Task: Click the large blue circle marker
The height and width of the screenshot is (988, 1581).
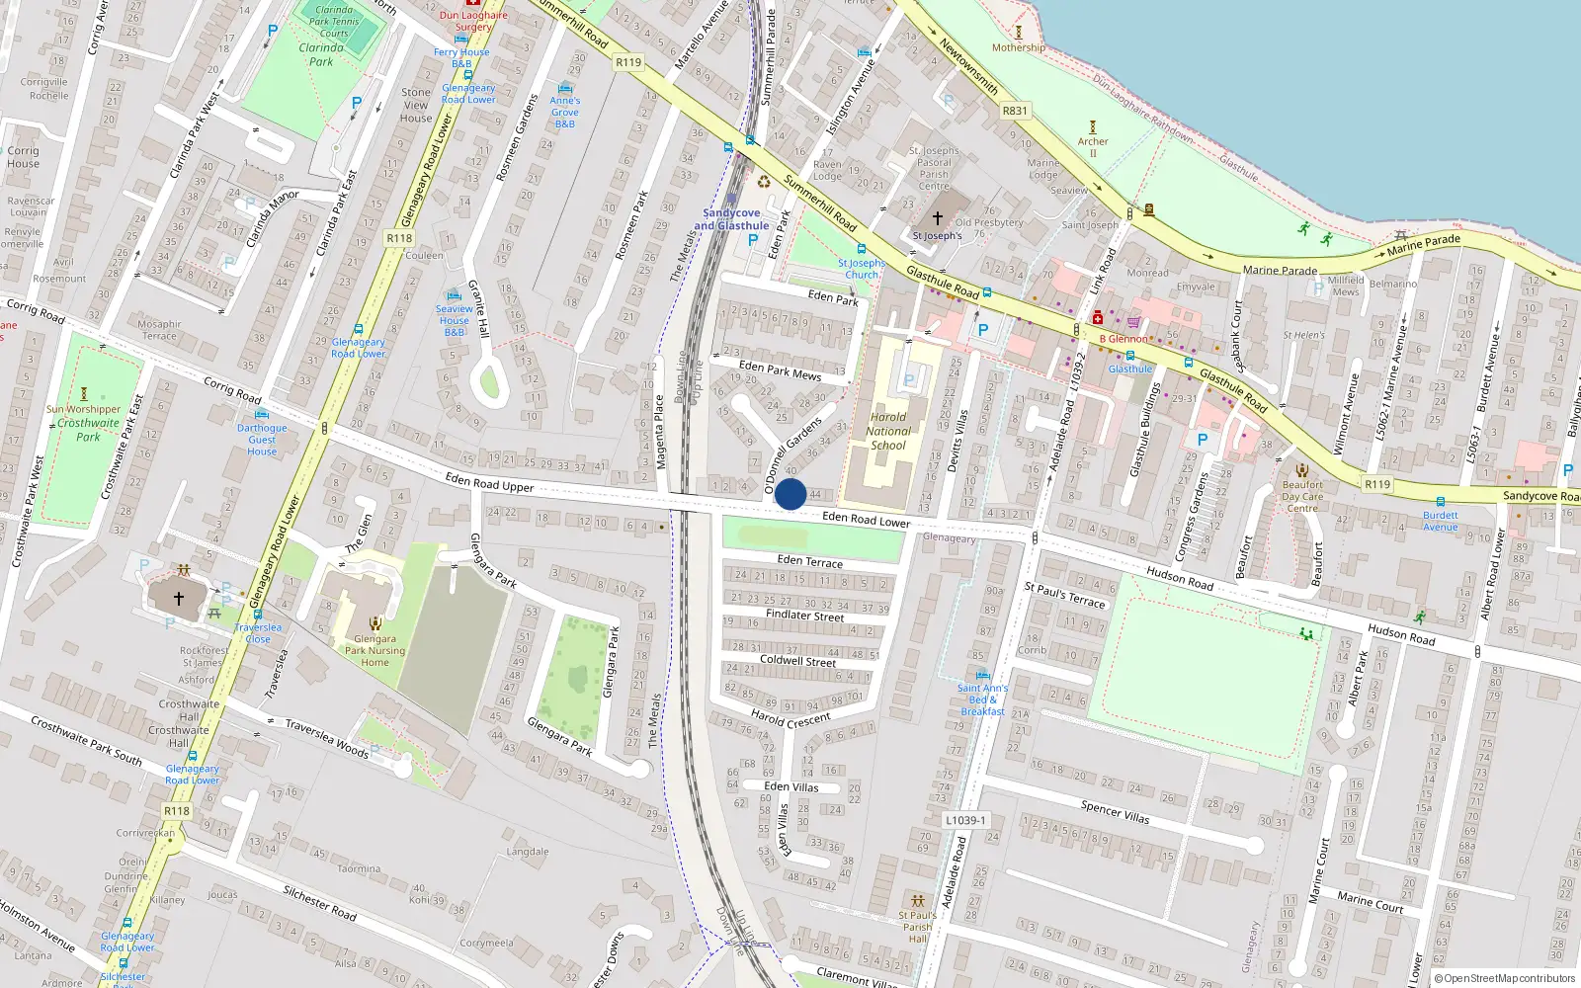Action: pyautogui.click(x=790, y=494)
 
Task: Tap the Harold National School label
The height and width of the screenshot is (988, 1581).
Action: pyautogui.click(x=888, y=431)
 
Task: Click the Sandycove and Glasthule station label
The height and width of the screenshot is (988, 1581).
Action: pyautogui.click(x=731, y=219)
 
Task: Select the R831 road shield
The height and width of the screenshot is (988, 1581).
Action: pyautogui.click(x=1015, y=111)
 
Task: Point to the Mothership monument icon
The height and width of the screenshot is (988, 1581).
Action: pyautogui.click(x=1018, y=33)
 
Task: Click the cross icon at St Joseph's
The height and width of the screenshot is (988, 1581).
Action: pyautogui.click(x=937, y=218)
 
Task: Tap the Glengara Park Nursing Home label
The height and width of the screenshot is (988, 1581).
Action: pyautogui.click(x=374, y=650)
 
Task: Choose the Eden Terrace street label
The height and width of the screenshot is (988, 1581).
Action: pyautogui.click(x=810, y=561)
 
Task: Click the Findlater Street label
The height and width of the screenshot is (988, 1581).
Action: pyautogui.click(x=804, y=616)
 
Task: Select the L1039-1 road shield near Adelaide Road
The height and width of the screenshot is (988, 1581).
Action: pyautogui.click(x=964, y=820)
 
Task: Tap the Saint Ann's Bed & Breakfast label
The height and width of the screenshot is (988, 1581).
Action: pyautogui.click(x=982, y=700)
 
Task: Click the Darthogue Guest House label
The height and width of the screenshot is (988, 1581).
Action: pyautogui.click(x=262, y=440)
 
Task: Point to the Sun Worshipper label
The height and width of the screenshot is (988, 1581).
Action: pyautogui.click(x=83, y=409)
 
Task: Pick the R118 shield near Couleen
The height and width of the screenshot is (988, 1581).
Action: pyautogui.click(x=399, y=238)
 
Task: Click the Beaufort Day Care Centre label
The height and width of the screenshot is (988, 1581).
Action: pyautogui.click(x=1302, y=496)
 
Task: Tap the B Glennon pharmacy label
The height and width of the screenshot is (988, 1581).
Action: pyautogui.click(x=1123, y=339)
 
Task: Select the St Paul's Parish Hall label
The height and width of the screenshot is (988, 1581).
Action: pyautogui.click(x=917, y=927)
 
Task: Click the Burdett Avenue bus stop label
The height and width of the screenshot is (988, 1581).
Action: pyautogui.click(x=1441, y=521)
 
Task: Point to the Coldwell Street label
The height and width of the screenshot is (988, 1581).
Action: pyautogui.click(x=797, y=660)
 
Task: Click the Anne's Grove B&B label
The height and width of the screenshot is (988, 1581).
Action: pyautogui.click(x=565, y=112)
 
